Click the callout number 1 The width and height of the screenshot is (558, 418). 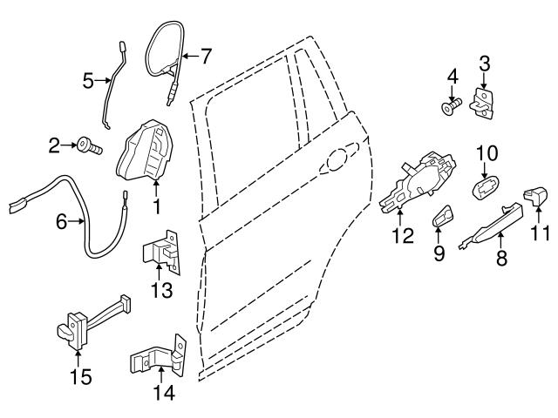pos(157,207)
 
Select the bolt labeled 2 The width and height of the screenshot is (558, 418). pos(89,147)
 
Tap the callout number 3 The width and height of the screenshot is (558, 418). pos(485,64)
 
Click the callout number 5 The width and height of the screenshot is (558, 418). pos(88,81)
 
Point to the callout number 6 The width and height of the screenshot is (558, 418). pos(62,222)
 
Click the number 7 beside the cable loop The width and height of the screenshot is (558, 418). pos(206,56)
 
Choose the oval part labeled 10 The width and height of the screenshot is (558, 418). pos(486,187)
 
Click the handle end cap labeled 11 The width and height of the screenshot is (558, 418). pos(534,196)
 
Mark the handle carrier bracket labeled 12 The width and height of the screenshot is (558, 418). pos(418,183)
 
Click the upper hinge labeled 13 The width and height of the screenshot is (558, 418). pos(162,252)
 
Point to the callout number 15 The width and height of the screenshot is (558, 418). pos(81,377)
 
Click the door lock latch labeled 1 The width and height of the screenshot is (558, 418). pos(146,152)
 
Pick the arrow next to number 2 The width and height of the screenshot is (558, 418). pos(69,145)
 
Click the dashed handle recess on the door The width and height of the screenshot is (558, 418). pos(339,158)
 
